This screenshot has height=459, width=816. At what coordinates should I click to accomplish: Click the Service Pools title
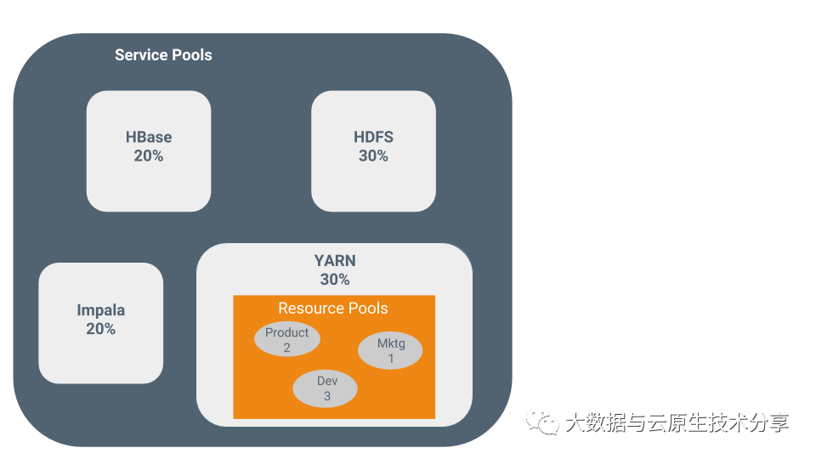point(163,55)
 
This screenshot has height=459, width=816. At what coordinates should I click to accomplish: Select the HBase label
point(149,138)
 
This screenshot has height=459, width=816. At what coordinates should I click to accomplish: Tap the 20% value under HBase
point(149,156)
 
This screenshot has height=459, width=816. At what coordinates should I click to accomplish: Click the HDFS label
point(373,138)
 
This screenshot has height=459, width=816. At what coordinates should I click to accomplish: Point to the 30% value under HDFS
point(373,156)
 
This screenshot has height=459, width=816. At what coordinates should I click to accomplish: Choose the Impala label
point(100,310)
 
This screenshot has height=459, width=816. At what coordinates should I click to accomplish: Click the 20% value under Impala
point(100,329)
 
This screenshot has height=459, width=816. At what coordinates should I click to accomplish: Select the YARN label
point(335,261)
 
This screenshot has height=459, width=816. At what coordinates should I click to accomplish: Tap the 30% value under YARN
point(335,280)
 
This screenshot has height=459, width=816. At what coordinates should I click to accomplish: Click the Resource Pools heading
point(333,309)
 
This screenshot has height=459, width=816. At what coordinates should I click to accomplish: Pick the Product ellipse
point(287,339)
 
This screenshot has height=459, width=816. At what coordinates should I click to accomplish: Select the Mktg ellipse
point(390,351)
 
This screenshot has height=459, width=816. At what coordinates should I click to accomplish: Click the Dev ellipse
point(326,388)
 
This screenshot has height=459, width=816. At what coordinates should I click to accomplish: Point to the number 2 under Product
point(287,348)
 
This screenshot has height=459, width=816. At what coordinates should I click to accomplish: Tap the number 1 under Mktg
point(391,359)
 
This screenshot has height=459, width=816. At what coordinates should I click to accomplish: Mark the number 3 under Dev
point(326,396)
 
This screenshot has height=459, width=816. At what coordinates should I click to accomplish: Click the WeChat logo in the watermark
point(541,422)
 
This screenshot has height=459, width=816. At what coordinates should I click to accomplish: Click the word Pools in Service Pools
point(191,55)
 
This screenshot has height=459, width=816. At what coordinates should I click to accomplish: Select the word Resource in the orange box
point(307,309)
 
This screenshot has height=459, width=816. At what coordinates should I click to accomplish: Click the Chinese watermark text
point(677,422)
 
